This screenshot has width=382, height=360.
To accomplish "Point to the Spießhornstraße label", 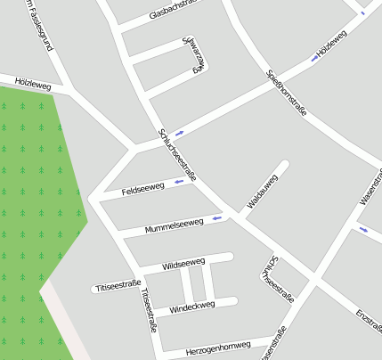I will [x=287, y=93].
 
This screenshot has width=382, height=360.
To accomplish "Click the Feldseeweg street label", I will [x=143, y=189].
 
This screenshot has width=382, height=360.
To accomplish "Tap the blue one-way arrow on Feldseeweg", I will [x=179, y=182].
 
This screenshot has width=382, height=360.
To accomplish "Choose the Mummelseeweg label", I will [x=175, y=224].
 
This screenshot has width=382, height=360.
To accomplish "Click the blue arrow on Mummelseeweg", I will [x=217, y=217].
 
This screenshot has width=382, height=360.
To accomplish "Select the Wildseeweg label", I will [x=184, y=265].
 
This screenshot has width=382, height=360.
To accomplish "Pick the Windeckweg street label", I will [x=192, y=306].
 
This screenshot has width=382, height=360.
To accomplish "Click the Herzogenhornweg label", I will [x=219, y=345].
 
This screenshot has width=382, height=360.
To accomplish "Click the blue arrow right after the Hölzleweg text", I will [x=314, y=58].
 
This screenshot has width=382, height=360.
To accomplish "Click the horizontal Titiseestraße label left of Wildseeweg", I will [x=118, y=286].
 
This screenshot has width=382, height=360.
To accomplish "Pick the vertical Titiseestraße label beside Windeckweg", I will [x=149, y=311].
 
